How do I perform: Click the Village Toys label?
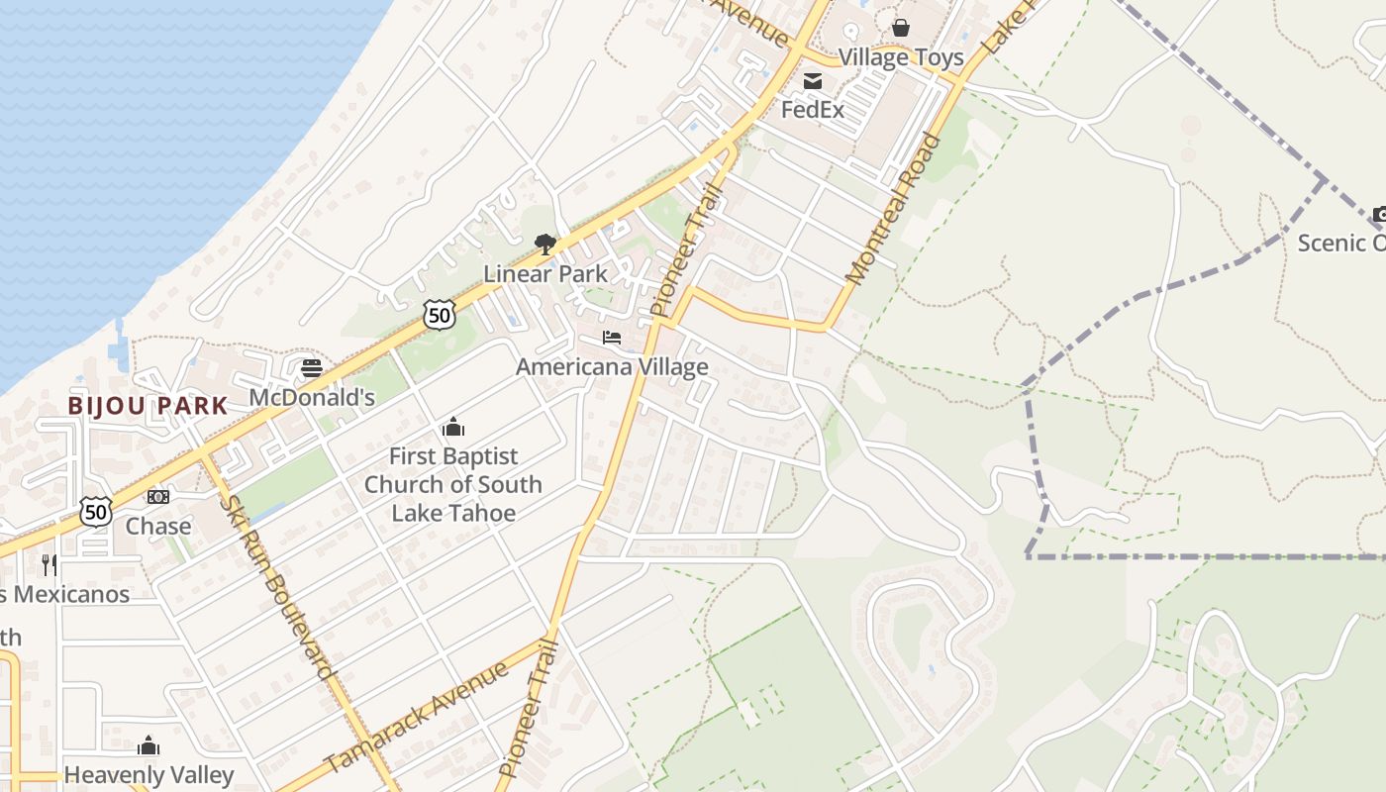pyautogui.click(x=901, y=57)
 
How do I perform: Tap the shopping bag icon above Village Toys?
pyautogui.click(x=901, y=28)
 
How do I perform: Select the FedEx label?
pyautogui.click(x=813, y=109)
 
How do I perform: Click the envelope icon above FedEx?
pyautogui.click(x=813, y=81)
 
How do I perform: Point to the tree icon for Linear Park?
pyautogui.click(x=544, y=245)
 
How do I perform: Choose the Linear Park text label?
pyautogui.click(x=544, y=273)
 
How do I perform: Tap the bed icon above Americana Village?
pyautogui.click(x=612, y=339)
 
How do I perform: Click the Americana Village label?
pyautogui.click(x=612, y=367)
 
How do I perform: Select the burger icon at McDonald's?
pyautogui.click(x=312, y=368)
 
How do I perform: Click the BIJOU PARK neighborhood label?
pyautogui.click(x=148, y=405)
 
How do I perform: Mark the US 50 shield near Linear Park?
pyautogui.click(x=439, y=315)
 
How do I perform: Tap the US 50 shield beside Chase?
pyautogui.click(x=96, y=512)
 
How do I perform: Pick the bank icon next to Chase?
pyautogui.click(x=158, y=496)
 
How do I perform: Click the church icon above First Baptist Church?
pyautogui.click(x=453, y=428)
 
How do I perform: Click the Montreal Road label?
pyautogui.click(x=893, y=208)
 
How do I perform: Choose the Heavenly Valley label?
pyautogui.click(x=148, y=775)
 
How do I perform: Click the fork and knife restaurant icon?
pyautogui.click(x=49, y=564)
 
